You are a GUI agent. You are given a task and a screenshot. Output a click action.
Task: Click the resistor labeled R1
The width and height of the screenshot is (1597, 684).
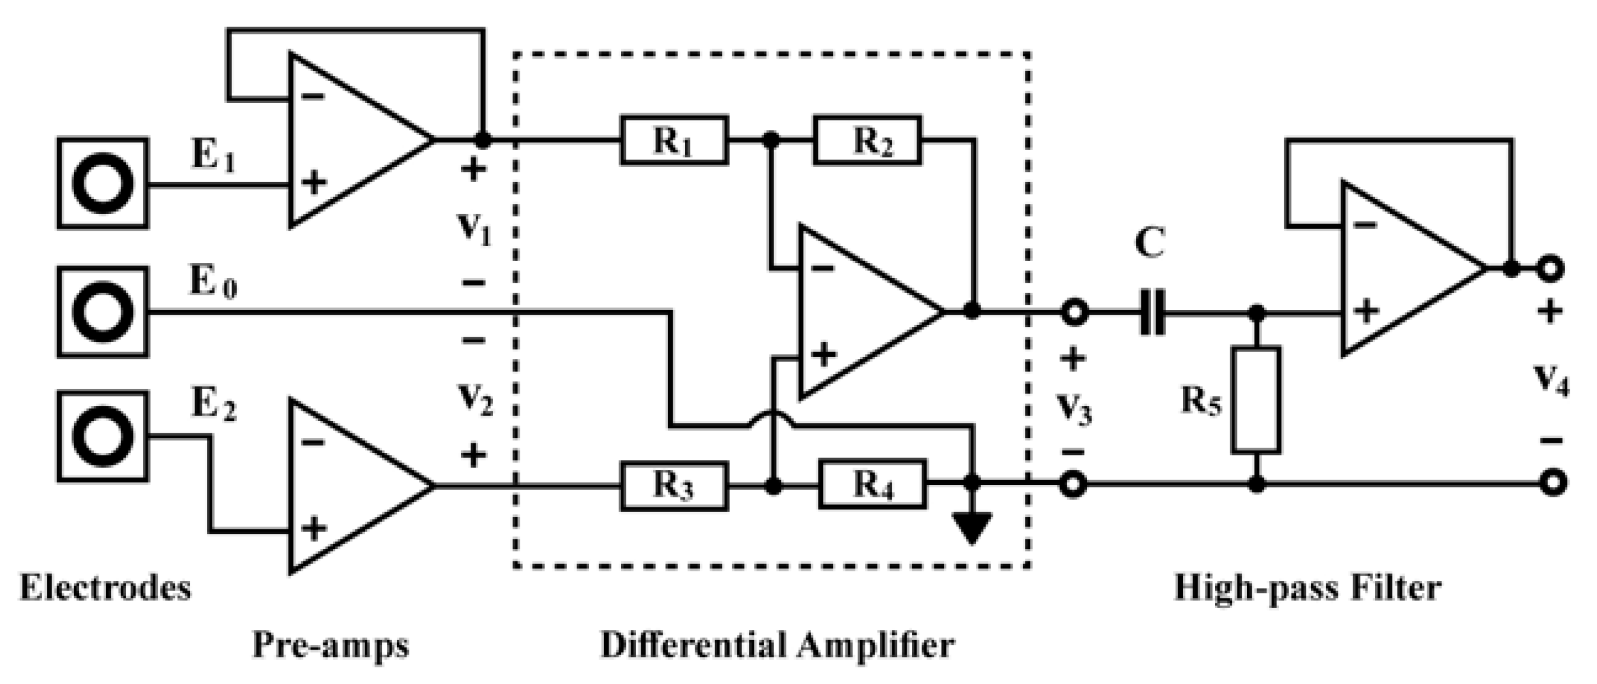[674, 140]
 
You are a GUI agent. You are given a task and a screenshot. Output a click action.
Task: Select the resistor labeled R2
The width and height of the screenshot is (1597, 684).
[867, 140]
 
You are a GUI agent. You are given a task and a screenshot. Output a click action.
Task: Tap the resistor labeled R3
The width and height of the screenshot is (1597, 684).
[674, 487]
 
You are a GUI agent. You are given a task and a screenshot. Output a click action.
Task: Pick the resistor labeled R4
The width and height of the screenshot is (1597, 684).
[872, 484]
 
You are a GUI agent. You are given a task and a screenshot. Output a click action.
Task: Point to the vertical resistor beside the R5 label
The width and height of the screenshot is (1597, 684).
[1256, 399]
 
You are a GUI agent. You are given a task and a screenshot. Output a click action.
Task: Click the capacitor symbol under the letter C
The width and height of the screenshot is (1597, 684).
[1152, 312]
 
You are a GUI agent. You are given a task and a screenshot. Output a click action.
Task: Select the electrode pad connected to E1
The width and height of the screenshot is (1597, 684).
[103, 183]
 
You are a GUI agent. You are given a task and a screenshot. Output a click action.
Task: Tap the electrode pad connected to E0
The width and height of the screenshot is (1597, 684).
[103, 312]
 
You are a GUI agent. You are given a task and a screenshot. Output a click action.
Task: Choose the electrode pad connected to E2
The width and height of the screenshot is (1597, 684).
[103, 436]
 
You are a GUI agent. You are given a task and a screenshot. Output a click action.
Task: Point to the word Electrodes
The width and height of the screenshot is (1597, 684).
[106, 587]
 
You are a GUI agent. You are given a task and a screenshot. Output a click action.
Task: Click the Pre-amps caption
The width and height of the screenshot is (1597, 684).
[330, 645]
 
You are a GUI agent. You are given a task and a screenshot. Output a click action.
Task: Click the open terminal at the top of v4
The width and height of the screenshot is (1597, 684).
[1551, 269]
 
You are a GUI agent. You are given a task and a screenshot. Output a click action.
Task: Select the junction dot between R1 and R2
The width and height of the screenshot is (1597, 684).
[771, 140]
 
